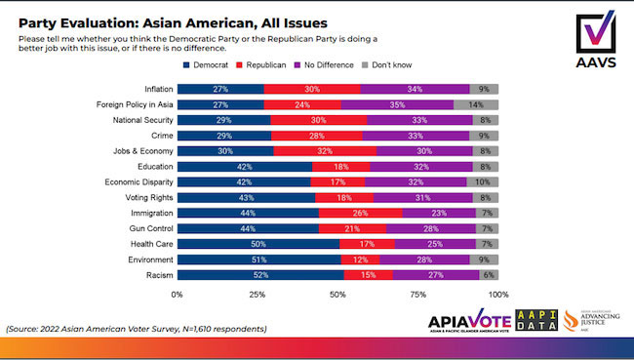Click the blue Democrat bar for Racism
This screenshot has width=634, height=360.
259,276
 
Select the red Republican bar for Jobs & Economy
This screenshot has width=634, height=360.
325,151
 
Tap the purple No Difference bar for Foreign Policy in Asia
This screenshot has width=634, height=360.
397,104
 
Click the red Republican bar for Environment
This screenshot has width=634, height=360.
361,260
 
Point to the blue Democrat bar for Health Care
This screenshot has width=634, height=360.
258,245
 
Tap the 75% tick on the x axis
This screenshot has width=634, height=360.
417,294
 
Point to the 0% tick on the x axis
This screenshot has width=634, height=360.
178,294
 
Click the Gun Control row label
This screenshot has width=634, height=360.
147,229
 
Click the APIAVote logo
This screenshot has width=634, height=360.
470,323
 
